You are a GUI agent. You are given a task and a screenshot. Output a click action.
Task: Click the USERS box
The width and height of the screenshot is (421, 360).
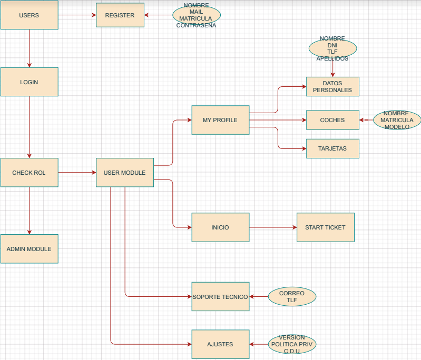29,15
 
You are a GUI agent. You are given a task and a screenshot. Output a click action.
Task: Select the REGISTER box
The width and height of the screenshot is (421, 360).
120,15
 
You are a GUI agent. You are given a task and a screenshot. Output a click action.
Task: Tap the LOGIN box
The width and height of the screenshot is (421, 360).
29,82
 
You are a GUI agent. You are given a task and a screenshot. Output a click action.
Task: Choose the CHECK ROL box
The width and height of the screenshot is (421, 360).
29,173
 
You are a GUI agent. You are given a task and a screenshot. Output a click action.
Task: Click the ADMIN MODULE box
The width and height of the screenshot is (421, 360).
29,248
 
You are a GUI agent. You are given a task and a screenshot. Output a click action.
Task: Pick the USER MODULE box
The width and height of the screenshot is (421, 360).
124,173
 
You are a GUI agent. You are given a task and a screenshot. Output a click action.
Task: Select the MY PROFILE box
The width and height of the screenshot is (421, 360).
220,120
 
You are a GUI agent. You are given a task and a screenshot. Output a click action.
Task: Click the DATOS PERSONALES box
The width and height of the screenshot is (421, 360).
332,86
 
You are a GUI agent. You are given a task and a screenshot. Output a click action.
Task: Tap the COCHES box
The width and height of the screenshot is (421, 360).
332,120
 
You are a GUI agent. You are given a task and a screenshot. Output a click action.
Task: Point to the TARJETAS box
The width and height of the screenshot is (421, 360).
332,148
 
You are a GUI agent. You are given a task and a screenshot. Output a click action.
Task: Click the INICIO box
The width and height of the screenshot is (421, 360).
220,227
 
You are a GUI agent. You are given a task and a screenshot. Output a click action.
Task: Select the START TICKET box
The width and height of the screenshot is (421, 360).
325,227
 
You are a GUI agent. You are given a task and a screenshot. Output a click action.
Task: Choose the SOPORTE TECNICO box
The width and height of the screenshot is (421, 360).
220,297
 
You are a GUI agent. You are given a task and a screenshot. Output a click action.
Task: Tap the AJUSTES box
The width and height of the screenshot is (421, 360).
220,344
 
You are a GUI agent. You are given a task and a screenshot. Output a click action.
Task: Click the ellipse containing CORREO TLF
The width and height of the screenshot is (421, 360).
292,297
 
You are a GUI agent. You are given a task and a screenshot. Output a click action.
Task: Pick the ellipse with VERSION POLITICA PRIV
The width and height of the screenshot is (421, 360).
292,344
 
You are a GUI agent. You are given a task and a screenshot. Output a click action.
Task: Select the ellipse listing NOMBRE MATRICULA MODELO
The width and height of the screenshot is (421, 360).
397,120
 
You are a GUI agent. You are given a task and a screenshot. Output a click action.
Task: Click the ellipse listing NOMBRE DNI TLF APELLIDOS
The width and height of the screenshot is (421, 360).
332,48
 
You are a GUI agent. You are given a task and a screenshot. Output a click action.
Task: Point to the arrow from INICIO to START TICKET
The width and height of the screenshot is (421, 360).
273,227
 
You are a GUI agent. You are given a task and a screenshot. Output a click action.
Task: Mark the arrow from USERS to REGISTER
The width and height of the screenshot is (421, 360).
77,15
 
